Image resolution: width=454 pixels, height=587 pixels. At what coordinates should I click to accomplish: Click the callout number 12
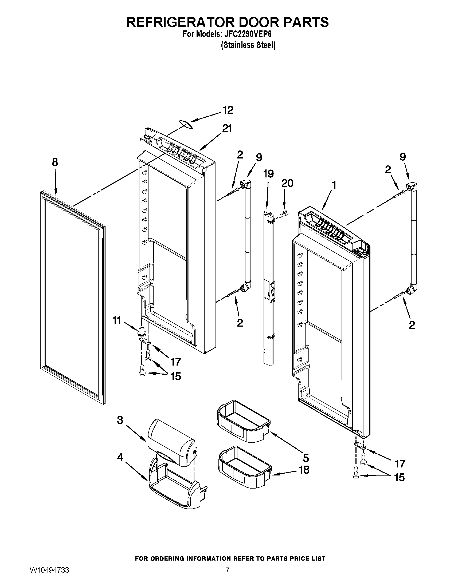coord(228,110)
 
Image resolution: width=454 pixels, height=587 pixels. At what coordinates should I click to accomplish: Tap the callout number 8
coord(54,162)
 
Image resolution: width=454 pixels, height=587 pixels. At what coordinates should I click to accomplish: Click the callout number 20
coord(287,183)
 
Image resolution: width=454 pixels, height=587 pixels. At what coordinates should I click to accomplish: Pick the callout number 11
coord(117,320)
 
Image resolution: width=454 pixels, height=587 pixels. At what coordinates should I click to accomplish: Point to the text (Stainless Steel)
coord(248,45)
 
